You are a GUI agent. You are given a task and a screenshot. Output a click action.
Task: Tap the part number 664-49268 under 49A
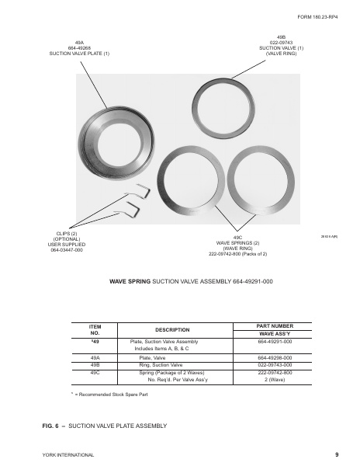79,48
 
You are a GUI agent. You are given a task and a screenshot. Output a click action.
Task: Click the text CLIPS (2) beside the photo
66,233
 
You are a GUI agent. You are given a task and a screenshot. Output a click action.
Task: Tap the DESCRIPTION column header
178,329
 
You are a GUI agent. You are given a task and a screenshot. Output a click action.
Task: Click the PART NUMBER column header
273,325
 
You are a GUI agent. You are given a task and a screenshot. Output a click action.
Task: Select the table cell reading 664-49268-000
273,357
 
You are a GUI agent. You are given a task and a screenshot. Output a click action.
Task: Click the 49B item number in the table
95,364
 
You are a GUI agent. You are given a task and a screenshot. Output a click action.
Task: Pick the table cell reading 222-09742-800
273,372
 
